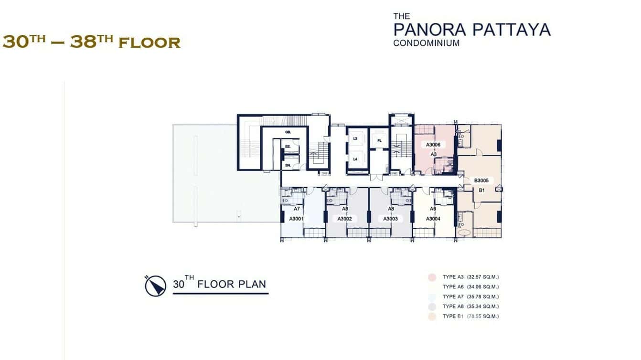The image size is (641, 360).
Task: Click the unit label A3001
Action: coord(297,219)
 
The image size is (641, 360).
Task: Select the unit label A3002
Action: coord(344,219)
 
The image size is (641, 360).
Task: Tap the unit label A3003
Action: coord(390,219)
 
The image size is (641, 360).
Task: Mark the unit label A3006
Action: coord(433,144)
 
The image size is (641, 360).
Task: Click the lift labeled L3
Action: coord(355,139)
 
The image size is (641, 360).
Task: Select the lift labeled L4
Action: coord(355,159)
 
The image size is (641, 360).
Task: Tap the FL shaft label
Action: coord(379,140)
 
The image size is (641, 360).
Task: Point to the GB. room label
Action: coord(288,132)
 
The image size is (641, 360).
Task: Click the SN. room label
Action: coord(288,165)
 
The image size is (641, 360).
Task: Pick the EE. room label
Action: coord(288,148)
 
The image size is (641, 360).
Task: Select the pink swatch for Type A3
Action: coord(431,277)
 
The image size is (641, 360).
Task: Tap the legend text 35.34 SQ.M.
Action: coord(483,307)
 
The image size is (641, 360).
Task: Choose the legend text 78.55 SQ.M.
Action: coord(483,317)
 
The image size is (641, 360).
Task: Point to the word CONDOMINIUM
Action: coord(427,43)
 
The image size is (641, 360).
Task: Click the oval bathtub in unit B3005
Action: coord(464,233)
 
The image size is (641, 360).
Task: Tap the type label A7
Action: coord(297,209)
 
